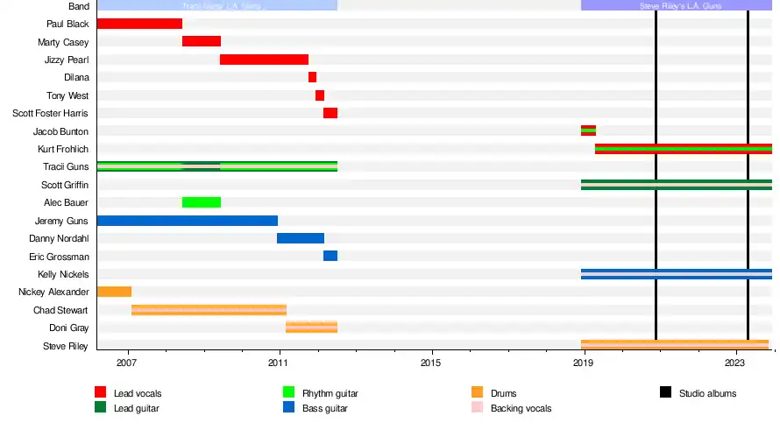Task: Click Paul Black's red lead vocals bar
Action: [x=139, y=24]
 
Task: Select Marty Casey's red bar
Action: [x=202, y=41]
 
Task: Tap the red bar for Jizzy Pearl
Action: [x=264, y=60]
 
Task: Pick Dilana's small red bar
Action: [x=312, y=77]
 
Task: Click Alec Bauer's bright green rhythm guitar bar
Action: [x=202, y=202]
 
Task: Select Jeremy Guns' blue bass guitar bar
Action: [x=187, y=221]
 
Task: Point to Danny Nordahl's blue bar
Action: [x=301, y=238]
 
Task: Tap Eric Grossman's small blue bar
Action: [x=330, y=256]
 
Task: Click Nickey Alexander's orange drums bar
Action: [x=114, y=292]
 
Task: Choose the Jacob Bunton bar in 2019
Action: [x=588, y=130]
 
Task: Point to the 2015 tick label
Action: [x=430, y=362]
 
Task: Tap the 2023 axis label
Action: [x=734, y=362]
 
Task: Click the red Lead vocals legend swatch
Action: [x=100, y=393]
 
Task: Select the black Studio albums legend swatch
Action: [x=665, y=393]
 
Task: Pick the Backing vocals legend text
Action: [x=521, y=408]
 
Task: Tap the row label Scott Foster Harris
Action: [x=50, y=113]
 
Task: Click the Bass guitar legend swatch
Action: [x=288, y=408]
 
